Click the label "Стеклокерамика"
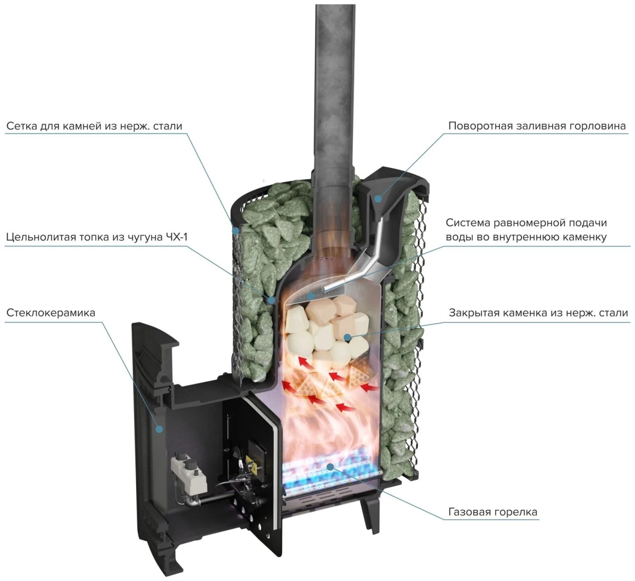pos(51,313)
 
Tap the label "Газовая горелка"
pos(493,512)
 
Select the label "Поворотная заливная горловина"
pos(537,126)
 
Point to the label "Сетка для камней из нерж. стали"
pos(94,126)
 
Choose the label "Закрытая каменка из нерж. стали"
pos(538,313)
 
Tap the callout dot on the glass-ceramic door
pos(160,428)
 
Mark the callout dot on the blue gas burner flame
pos(331,467)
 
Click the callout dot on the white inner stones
pos(347,337)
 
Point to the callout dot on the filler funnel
pos(378,199)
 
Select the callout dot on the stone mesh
pos(236,231)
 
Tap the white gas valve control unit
pos(188,473)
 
